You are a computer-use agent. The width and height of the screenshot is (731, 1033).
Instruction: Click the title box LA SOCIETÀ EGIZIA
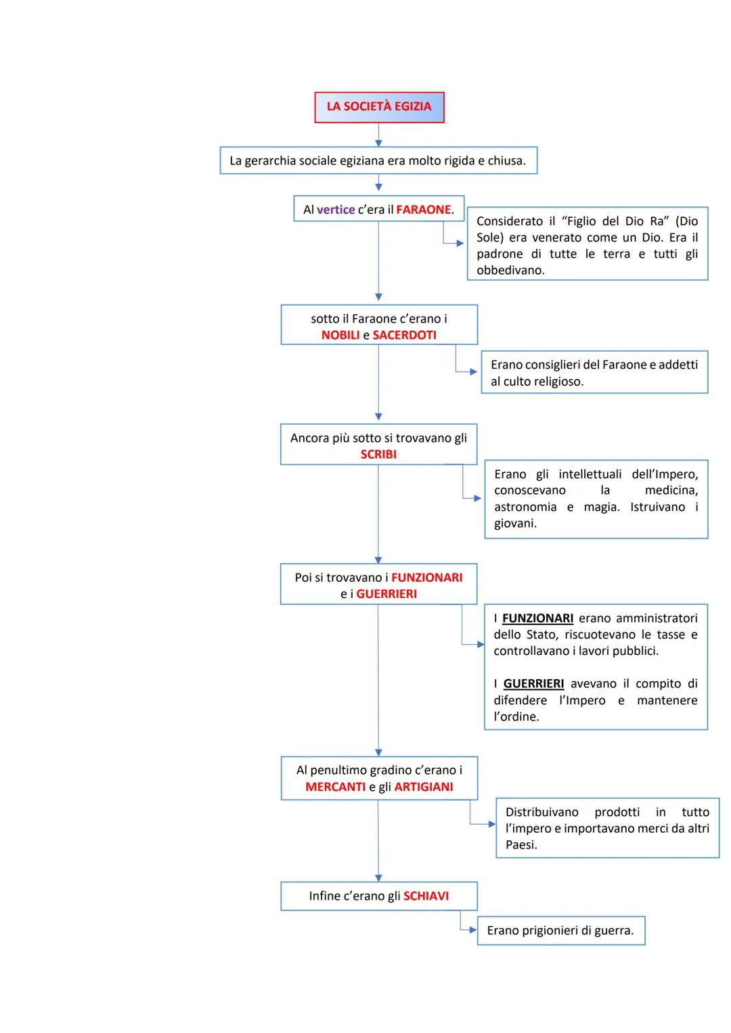[379, 107]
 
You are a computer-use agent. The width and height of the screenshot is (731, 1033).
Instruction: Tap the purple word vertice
[336, 210]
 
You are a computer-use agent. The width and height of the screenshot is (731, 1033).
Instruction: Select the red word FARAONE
[423, 210]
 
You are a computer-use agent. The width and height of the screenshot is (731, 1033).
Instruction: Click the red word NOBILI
[340, 335]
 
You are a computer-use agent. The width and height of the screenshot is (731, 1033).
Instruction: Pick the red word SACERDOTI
[404, 335]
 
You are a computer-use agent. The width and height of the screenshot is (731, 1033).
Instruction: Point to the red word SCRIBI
[378, 455]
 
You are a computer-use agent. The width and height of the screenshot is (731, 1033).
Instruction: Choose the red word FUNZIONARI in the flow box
[426, 578]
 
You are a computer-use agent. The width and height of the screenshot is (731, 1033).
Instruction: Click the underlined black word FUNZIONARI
[537, 618]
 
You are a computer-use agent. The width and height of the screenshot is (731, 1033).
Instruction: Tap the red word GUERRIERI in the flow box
[386, 594]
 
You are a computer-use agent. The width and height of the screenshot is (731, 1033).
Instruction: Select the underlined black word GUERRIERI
[533, 684]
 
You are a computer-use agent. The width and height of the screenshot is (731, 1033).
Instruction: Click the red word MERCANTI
[335, 787]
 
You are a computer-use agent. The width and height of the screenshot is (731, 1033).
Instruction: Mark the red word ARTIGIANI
[424, 787]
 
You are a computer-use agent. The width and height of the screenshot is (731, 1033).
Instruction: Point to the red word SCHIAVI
[426, 896]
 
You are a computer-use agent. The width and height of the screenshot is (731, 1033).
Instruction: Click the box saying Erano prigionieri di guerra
[560, 931]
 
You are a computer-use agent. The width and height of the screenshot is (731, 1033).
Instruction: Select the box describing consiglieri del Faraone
[594, 373]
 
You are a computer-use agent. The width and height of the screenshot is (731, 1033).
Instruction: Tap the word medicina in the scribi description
[671, 490]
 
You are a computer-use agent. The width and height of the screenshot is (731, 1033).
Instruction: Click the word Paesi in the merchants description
[520, 845]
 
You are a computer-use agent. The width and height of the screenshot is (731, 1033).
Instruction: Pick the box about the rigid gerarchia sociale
[378, 161]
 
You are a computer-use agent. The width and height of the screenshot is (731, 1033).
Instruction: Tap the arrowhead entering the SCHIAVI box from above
[378, 878]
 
